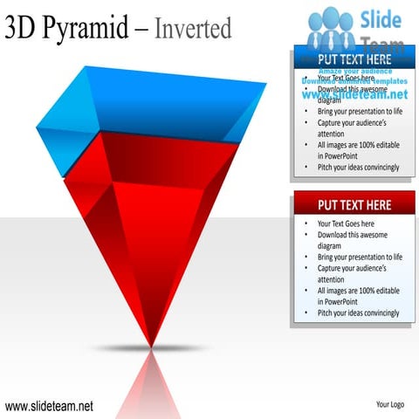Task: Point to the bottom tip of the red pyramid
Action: (152, 345)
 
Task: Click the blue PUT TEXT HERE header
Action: (353, 58)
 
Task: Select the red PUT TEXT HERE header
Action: (353, 205)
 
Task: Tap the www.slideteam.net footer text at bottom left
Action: (49, 406)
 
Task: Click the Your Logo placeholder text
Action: (388, 405)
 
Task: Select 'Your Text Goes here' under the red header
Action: (345, 224)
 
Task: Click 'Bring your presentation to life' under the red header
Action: (359, 258)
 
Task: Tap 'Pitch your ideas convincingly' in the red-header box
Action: (358, 313)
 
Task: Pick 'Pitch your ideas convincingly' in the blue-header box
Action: (358, 167)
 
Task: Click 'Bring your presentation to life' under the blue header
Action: (359, 112)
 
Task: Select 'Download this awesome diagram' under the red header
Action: (352, 241)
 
